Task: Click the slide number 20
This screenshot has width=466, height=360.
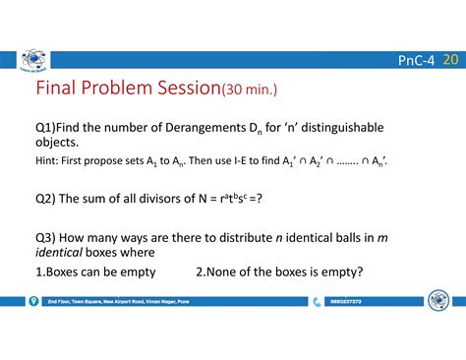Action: (x=450, y=61)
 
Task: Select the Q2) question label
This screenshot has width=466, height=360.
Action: (x=46, y=199)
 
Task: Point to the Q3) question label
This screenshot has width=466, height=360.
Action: (x=46, y=237)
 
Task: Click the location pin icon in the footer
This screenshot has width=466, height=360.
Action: (x=34, y=302)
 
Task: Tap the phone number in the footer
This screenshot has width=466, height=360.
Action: (x=346, y=302)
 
